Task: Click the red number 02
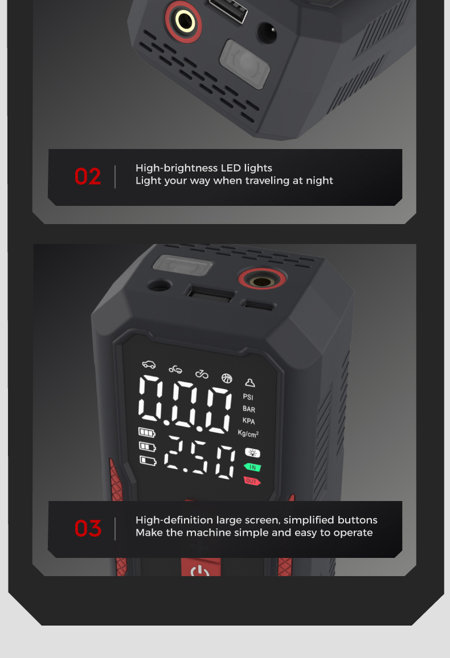click(87, 176)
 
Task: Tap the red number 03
click(88, 528)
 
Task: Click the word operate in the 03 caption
click(353, 533)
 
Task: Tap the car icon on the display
click(149, 364)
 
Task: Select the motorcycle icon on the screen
click(175, 369)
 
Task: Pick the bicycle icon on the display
click(202, 374)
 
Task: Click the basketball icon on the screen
click(227, 379)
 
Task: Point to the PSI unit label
click(248, 396)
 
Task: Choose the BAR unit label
click(249, 409)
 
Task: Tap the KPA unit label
click(248, 421)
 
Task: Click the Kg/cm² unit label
click(248, 433)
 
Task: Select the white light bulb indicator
click(252, 453)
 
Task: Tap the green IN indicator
click(252, 467)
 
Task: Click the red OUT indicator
click(252, 481)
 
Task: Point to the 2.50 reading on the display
click(199, 457)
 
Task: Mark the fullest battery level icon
click(147, 432)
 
